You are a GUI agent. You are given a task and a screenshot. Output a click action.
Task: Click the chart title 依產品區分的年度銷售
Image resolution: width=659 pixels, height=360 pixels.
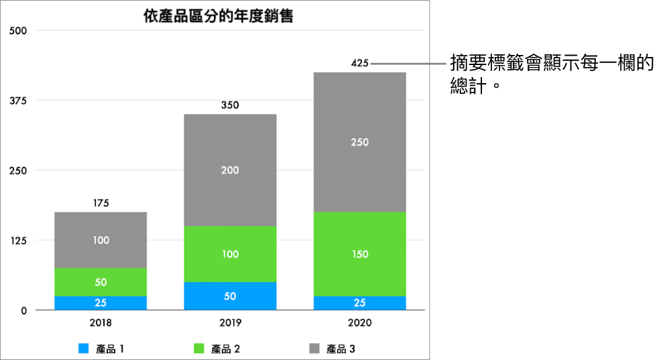(219, 16)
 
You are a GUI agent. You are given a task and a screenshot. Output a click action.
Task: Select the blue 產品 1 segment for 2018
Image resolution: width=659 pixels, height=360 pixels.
(101, 303)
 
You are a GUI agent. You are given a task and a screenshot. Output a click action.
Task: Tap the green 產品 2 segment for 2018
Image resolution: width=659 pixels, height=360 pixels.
(101, 282)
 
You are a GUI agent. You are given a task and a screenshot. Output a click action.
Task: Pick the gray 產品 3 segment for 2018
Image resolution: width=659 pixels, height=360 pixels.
(101, 240)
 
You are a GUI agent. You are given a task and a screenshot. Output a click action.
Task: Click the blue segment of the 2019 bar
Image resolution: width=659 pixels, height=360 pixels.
(230, 296)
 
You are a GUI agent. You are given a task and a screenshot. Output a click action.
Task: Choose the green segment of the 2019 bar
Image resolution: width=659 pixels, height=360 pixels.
(230, 254)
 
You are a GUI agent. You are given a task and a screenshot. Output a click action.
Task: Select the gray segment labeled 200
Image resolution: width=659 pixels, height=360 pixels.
(230, 170)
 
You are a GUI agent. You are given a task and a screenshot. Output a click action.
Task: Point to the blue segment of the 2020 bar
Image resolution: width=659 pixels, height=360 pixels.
(360, 303)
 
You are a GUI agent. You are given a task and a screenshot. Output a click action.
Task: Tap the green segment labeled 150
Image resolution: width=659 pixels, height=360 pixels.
(360, 254)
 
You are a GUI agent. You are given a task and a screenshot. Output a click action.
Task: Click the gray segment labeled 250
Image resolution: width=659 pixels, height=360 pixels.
(360, 142)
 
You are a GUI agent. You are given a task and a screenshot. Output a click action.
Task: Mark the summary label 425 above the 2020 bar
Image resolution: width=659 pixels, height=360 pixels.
(360, 64)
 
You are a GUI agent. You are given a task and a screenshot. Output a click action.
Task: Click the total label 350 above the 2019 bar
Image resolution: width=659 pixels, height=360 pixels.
(230, 105)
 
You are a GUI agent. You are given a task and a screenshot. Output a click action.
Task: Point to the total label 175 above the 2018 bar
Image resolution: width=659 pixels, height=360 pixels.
(101, 203)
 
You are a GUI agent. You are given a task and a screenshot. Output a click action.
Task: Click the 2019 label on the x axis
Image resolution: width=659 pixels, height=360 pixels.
(230, 322)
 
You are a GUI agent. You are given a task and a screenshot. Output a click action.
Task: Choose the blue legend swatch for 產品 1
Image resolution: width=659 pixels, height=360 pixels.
(83, 349)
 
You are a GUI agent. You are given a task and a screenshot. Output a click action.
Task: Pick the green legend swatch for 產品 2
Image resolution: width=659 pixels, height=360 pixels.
(198, 349)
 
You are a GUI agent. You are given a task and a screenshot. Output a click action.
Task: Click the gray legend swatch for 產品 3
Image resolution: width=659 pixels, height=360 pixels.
(314, 349)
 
